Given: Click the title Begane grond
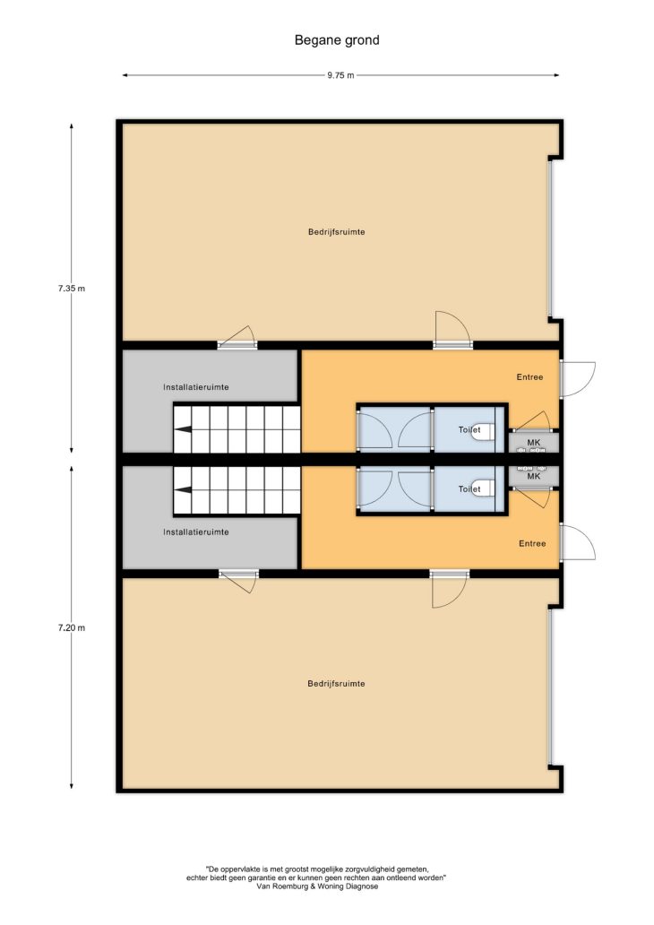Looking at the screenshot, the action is coord(337,40).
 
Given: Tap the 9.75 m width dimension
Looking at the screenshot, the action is coord(340,75).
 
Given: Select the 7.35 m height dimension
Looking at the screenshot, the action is coord(72,289).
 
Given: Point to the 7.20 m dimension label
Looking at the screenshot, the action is coord(72,627).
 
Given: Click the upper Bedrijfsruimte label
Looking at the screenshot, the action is coord(336,232).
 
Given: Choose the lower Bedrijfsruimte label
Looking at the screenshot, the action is coord(336,684).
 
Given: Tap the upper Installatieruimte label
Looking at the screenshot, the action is coord(196,387).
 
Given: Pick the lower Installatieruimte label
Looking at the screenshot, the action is coord(196,532).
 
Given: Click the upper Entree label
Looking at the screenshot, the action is coord(529,377).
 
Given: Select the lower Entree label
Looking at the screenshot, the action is coord(532,543).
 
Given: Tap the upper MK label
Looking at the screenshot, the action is coord(534,443).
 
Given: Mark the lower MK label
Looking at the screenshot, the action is coord(534,476).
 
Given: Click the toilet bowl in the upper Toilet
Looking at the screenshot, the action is coord(486,431).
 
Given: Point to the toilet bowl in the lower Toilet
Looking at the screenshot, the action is coord(486,488).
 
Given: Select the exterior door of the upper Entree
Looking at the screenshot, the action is coord(577,379).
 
